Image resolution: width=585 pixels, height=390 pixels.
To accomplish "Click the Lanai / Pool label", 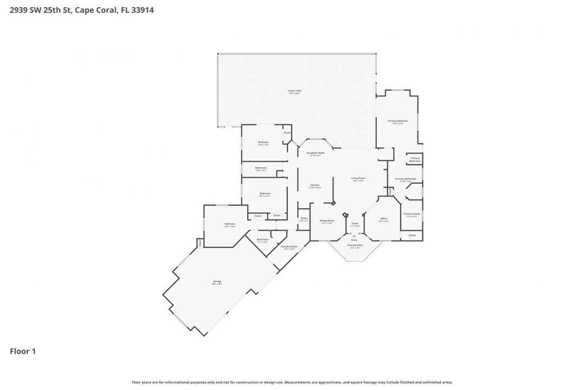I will click(x=295, y=91).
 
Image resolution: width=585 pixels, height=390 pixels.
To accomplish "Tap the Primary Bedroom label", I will click(x=398, y=121).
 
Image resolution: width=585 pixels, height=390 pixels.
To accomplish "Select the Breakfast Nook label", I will click(x=315, y=153).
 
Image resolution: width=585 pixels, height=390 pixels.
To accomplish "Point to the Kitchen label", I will click(x=315, y=185).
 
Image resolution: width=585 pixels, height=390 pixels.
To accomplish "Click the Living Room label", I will click(x=359, y=178).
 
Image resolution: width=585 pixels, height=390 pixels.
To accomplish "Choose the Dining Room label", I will click(x=327, y=220).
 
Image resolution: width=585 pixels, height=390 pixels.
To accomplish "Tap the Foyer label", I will click(x=355, y=223).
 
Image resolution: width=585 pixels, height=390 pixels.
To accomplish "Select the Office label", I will click(x=383, y=219).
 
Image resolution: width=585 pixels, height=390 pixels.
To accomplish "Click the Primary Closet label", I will click(x=412, y=214).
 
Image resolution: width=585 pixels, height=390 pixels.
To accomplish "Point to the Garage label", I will click(x=217, y=282).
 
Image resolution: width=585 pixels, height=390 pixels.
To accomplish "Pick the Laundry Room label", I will click(x=289, y=246).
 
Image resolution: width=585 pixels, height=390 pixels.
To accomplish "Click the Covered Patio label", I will click(x=355, y=245).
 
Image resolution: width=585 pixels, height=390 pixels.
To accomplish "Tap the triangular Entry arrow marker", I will click(x=354, y=236).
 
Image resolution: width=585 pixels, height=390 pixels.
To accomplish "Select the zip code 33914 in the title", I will click(x=142, y=10).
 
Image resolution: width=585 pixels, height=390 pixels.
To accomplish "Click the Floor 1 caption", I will click(x=23, y=352).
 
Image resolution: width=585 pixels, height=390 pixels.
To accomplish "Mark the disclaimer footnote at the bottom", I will click(x=292, y=382).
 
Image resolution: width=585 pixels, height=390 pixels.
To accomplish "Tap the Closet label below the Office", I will click(x=412, y=235).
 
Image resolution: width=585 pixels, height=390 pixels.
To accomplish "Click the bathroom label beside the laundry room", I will click(x=263, y=239).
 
